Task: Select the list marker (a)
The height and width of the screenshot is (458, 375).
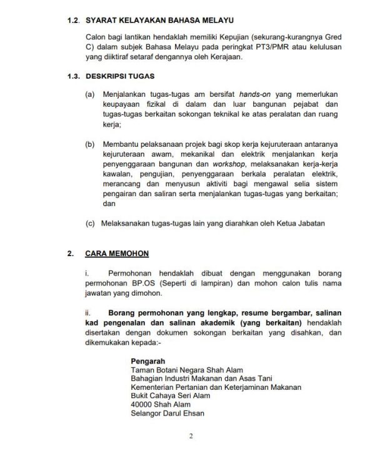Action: (x=91, y=93)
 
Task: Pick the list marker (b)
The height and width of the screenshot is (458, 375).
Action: (x=91, y=144)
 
